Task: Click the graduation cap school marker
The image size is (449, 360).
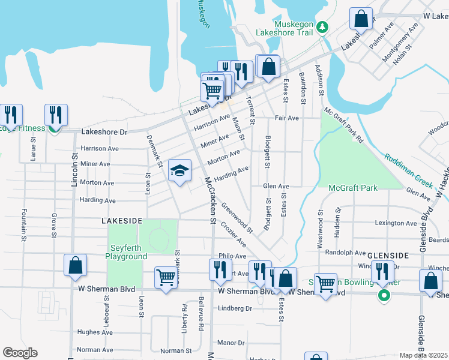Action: (x=179, y=172)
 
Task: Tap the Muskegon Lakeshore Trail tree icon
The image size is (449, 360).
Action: (x=322, y=26)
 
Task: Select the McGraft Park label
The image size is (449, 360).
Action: (x=353, y=188)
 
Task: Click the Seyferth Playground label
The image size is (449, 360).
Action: (x=127, y=252)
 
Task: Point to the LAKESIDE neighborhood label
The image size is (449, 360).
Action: (x=121, y=221)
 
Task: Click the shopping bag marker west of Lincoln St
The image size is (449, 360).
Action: (x=75, y=266)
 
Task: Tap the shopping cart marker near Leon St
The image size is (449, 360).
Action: (x=166, y=278)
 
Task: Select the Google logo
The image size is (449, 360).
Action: (x=19, y=353)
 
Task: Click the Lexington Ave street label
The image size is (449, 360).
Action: (x=395, y=223)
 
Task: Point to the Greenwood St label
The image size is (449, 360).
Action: (x=237, y=217)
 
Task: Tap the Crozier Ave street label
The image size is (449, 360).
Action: (x=233, y=235)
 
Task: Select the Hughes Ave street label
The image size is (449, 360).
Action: (x=95, y=332)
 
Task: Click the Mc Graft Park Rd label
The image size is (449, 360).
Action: (x=343, y=124)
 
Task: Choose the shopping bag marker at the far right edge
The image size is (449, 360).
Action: (x=430, y=282)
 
